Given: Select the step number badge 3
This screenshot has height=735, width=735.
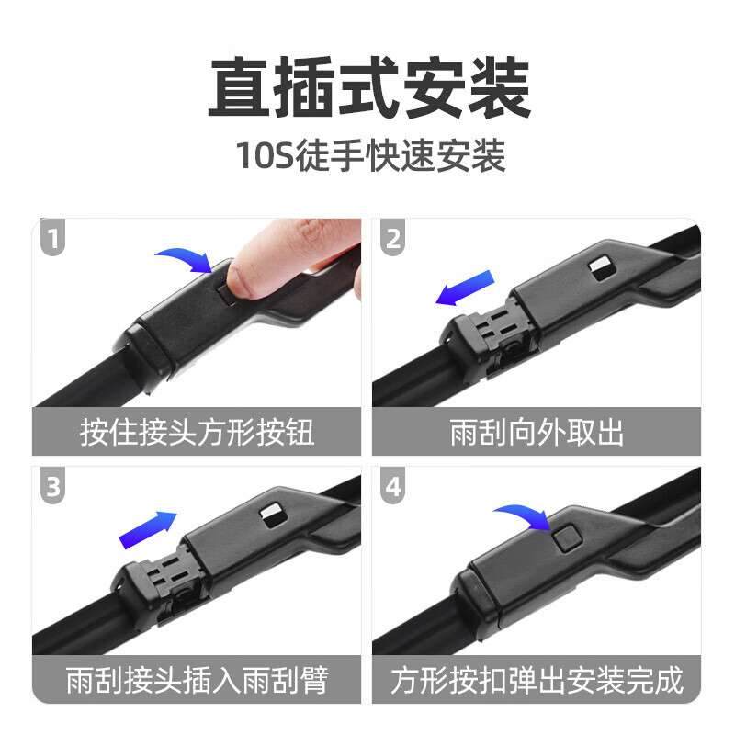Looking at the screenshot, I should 52,487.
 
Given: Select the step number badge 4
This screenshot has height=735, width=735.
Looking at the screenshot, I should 393,487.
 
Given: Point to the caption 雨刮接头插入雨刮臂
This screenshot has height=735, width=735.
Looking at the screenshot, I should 197,681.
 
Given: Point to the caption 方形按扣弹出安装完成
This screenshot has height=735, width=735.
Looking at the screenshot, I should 537,681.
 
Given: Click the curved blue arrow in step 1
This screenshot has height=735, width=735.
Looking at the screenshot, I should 184,258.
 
